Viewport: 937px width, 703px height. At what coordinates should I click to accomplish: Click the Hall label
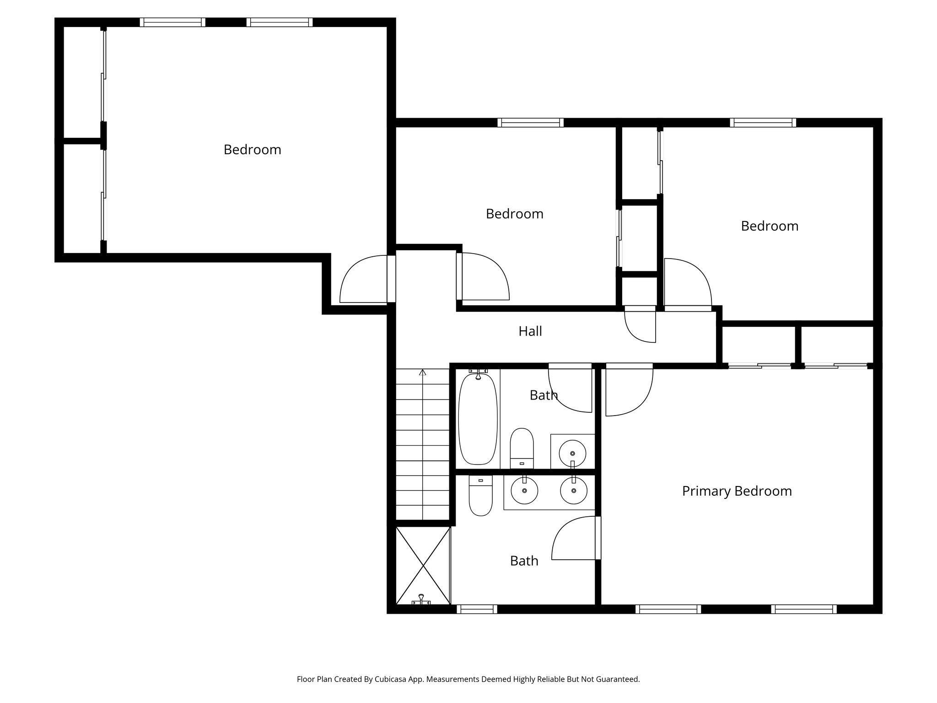[530, 331]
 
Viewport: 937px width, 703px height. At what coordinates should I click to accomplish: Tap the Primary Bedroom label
[737, 491]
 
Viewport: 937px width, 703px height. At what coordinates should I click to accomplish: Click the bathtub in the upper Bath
[477, 419]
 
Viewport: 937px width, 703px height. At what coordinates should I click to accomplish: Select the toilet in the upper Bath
[522, 448]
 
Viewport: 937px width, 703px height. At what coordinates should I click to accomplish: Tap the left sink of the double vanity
[524, 492]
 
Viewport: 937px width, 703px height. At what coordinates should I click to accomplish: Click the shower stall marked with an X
[423, 565]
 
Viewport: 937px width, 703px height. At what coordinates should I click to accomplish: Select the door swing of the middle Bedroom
[484, 277]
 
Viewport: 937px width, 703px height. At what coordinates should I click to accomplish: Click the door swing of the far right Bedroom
[687, 283]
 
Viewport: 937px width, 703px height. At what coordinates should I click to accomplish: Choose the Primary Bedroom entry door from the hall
[628, 390]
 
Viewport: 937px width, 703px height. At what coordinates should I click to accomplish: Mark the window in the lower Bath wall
[477, 609]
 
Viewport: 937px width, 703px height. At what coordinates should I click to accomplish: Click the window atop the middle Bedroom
[530, 122]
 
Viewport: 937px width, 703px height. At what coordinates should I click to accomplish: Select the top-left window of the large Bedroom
[172, 22]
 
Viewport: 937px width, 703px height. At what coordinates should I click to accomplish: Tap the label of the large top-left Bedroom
[252, 150]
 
